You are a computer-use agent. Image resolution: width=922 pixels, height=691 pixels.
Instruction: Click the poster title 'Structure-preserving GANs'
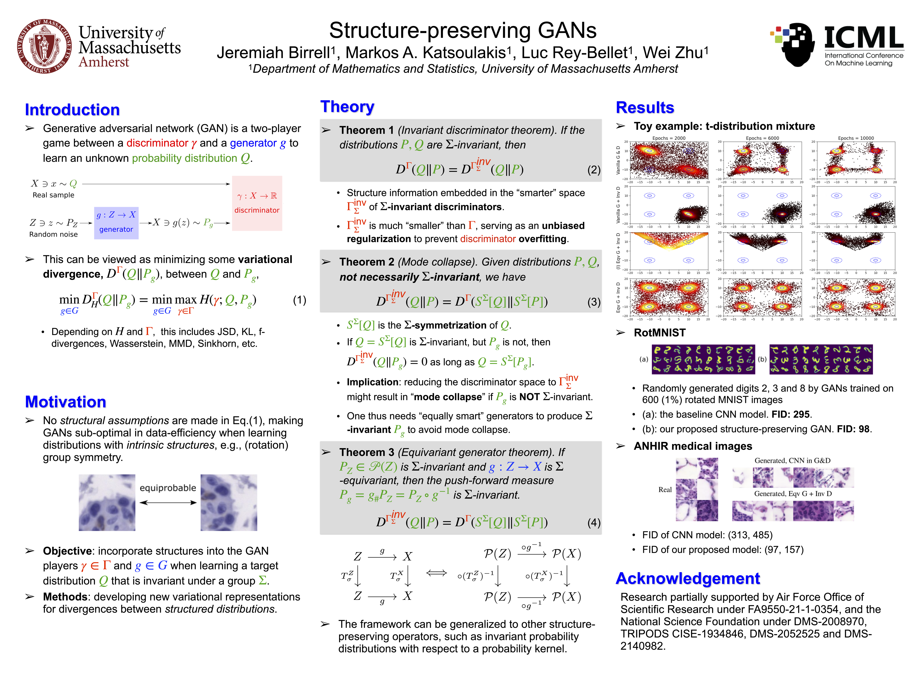click(463, 30)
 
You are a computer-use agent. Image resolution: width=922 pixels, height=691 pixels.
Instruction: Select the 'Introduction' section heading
click(72, 110)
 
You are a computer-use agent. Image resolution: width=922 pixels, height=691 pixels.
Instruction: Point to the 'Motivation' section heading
click(66, 402)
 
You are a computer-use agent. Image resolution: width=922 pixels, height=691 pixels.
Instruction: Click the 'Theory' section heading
click(347, 107)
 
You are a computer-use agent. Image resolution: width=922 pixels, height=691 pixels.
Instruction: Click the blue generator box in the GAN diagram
click(116, 223)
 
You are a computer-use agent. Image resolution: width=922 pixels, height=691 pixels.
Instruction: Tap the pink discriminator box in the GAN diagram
click(257, 203)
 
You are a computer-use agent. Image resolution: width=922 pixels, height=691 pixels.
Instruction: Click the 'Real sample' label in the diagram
click(53, 195)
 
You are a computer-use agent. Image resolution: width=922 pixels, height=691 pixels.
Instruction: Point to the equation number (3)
click(594, 302)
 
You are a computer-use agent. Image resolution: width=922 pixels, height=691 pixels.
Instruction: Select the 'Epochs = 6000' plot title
click(762, 138)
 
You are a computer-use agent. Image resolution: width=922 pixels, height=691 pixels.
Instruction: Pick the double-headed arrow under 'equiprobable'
click(168, 503)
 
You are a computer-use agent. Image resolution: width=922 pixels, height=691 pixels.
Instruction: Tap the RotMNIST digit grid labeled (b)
click(821, 359)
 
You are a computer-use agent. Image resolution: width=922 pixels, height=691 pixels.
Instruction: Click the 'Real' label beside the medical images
click(665, 490)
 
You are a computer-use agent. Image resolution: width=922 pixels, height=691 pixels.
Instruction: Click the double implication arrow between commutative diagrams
click(437, 573)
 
